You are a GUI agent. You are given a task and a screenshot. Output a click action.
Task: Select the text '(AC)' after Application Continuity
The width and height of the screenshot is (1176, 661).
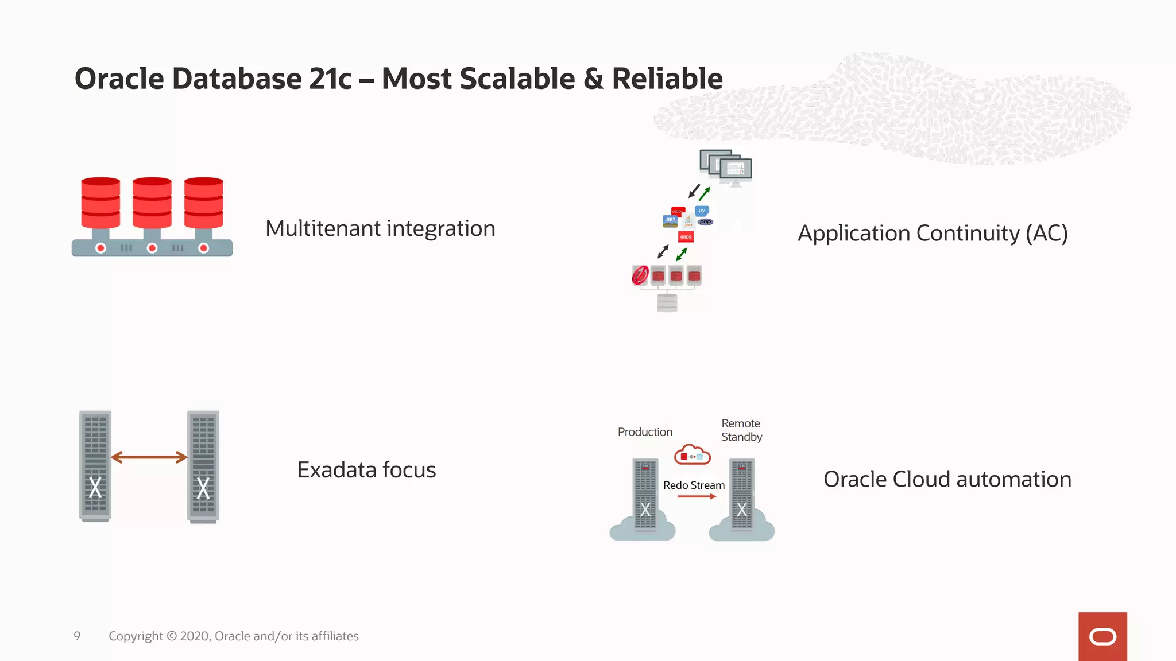[1047, 234]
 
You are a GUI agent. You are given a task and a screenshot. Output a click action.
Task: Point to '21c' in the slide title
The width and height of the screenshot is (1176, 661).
[330, 79]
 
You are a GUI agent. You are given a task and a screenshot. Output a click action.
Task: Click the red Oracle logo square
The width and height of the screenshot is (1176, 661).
[1102, 636]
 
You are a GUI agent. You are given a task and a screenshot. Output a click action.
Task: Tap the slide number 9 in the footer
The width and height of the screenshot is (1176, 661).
[77, 636]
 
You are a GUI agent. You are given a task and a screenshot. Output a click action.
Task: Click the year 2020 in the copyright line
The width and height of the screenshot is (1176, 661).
[195, 636]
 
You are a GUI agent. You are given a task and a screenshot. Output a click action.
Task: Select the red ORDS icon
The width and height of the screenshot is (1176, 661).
[686, 237]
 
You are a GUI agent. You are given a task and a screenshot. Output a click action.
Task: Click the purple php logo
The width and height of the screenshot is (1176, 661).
[706, 222]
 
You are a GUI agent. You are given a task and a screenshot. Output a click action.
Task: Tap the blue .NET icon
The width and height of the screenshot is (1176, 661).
[670, 220]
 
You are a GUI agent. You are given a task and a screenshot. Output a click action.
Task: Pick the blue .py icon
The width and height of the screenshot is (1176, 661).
[702, 211]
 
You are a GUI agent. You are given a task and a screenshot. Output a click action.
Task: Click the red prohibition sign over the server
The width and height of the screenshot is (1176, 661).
[640, 275]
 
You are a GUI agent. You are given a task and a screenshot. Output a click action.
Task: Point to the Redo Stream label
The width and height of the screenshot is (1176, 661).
[694, 485]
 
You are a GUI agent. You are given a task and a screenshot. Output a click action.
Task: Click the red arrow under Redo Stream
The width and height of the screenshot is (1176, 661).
[697, 496]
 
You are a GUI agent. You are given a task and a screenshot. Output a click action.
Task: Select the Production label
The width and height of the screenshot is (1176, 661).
[645, 432]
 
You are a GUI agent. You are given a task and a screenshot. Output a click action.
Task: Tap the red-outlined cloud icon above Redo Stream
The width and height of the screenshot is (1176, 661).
[692, 455]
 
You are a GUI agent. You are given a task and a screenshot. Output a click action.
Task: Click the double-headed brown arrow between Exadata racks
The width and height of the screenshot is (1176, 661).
[149, 457]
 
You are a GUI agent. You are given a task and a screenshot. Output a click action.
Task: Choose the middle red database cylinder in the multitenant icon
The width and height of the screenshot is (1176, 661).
[152, 203]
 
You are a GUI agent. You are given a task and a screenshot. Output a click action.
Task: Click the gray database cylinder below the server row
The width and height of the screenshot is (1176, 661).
[667, 302]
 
